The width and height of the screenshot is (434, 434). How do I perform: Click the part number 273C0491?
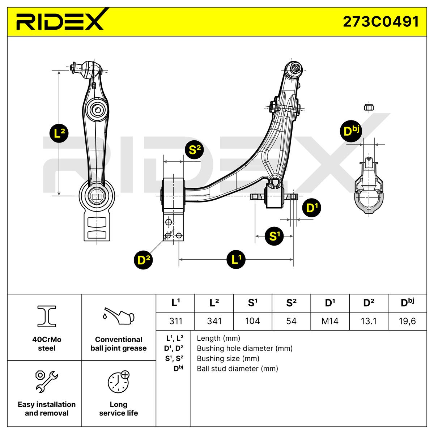[381, 22]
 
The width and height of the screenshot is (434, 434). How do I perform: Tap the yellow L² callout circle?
[59, 133]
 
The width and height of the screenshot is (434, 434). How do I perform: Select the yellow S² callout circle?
[194, 151]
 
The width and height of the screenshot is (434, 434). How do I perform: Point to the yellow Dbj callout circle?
[350, 131]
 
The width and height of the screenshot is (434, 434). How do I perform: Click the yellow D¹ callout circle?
[312, 208]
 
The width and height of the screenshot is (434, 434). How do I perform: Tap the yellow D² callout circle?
[144, 260]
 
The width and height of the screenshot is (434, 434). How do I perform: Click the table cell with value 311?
[176, 321]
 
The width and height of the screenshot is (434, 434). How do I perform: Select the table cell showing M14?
[330, 321]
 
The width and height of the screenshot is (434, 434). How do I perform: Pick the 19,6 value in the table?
[407, 321]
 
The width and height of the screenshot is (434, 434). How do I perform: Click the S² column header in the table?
[291, 303]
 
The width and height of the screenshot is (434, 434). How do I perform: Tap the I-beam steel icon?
[47, 315]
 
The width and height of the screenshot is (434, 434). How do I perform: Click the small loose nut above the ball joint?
[369, 107]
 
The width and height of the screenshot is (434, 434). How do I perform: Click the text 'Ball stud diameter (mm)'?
[237, 369]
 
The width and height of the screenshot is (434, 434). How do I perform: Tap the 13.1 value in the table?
[369, 321]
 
